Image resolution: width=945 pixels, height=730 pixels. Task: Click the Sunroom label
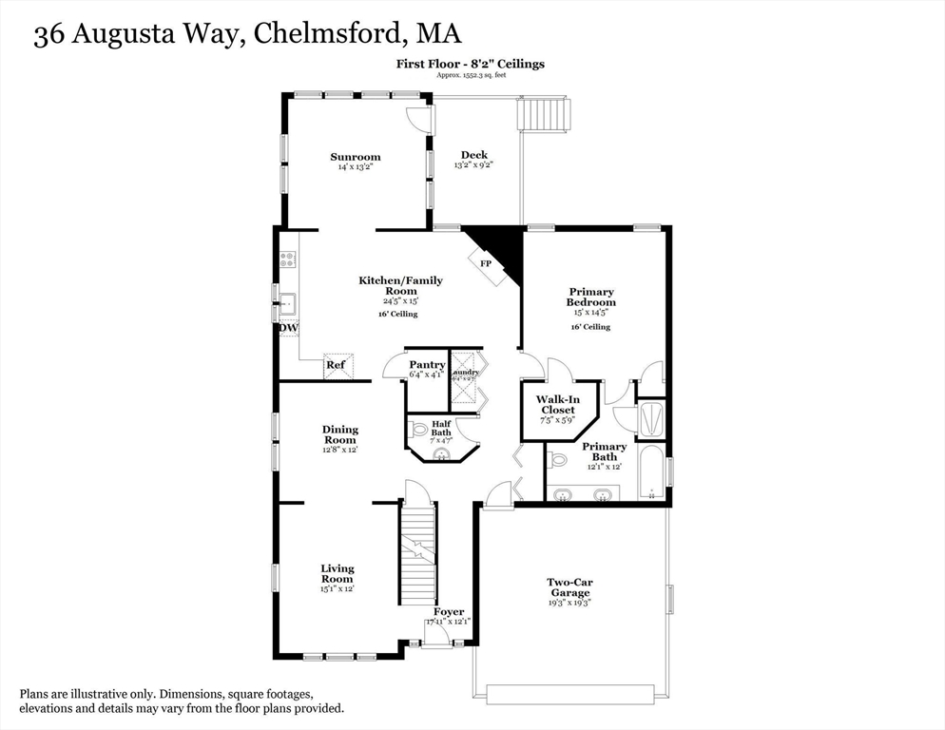355,157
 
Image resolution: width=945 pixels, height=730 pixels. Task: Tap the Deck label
474,155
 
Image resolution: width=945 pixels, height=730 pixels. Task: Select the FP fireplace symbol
486,263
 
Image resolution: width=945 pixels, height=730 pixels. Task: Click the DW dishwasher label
288,329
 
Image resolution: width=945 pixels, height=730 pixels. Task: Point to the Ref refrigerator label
336,364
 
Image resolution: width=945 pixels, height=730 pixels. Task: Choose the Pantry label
427,365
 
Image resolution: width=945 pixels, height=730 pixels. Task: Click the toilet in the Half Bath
418,430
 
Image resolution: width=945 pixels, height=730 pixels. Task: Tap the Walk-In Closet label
555,405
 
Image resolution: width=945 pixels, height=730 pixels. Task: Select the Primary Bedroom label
591,297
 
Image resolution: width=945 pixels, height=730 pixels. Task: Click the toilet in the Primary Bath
559,460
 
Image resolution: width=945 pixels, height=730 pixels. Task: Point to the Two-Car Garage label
570,587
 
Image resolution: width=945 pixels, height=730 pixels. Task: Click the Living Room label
337,573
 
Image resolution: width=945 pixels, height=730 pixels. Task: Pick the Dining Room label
339,434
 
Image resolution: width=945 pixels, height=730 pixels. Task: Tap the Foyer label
449,612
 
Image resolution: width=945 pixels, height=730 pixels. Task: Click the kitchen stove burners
287,259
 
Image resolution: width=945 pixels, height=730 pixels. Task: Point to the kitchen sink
286,306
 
